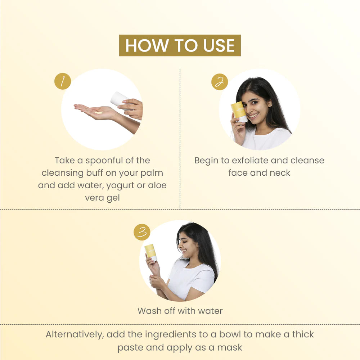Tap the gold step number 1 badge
(63, 81)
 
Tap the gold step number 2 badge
(220, 82)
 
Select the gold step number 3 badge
(142, 232)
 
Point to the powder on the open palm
(99, 112)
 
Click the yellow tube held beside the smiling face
(239, 112)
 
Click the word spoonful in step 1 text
(104, 161)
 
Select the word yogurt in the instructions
(121, 185)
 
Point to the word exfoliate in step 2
(250, 160)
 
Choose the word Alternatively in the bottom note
(75, 334)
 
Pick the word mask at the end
(230, 348)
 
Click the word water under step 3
(210, 311)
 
